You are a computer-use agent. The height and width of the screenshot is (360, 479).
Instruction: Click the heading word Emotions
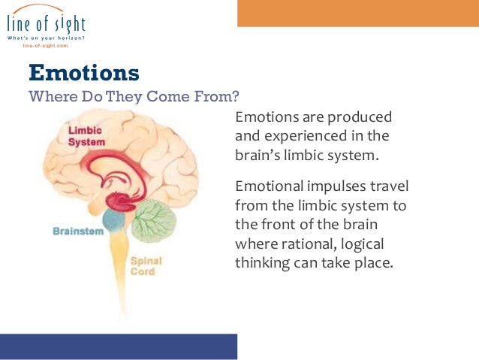coord(83,73)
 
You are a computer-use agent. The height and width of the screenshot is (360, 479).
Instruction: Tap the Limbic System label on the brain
coord(86,136)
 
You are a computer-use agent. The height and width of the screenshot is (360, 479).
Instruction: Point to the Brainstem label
coord(78,231)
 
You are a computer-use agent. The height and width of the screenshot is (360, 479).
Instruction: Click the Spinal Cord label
coord(146,266)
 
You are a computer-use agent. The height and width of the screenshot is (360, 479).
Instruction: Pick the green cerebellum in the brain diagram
coord(156,219)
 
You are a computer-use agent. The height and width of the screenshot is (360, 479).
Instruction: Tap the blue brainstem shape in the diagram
coord(114,220)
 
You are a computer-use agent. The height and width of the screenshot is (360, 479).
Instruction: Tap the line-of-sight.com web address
coord(45,46)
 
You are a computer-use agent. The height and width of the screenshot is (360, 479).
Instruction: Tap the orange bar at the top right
coord(358,13)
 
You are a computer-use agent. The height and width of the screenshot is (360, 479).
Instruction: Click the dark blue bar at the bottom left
coord(119,346)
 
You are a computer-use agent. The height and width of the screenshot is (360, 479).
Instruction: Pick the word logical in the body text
coord(366,244)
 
